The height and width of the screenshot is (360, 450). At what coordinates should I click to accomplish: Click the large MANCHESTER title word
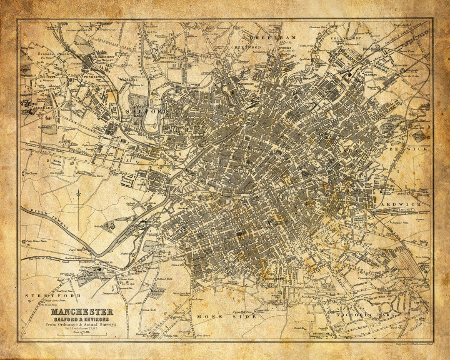[82, 312]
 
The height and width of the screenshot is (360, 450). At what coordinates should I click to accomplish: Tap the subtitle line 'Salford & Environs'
[82, 319]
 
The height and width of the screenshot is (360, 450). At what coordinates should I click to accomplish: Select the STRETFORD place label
[52, 295]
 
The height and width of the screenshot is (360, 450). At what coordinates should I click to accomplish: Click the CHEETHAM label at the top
[272, 37]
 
